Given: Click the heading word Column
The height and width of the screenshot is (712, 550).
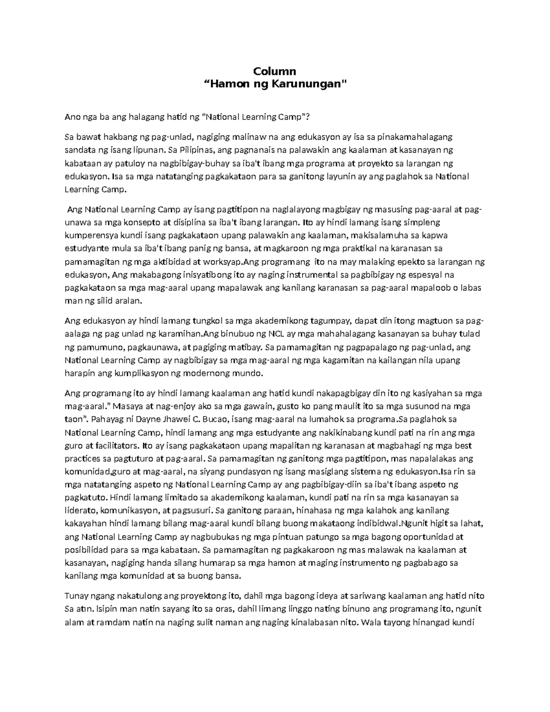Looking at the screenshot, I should pyautogui.click(x=275, y=72).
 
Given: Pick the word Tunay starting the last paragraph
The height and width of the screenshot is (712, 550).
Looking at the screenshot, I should pyautogui.click(x=76, y=596).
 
